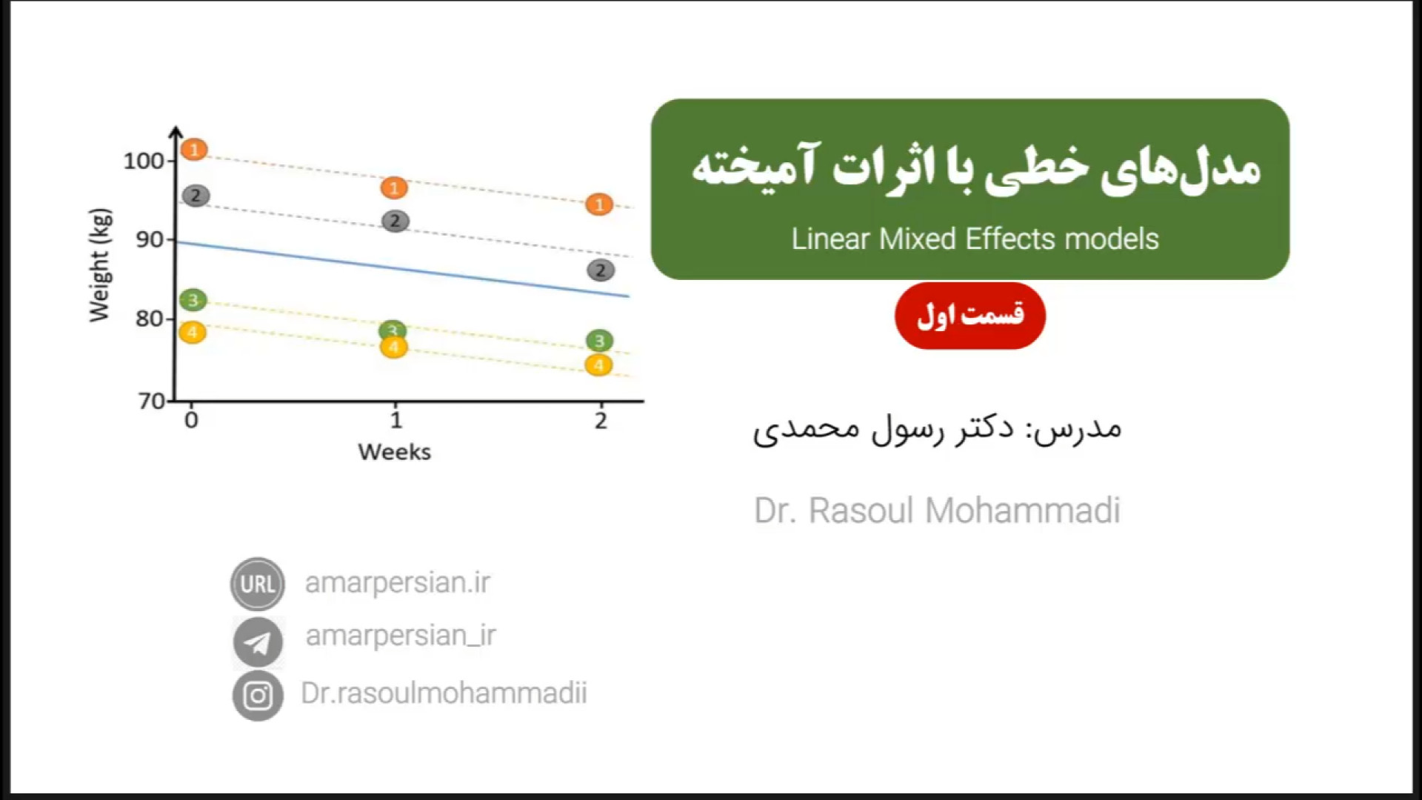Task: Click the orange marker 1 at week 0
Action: [194, 150]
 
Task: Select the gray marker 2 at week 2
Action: [601, 270]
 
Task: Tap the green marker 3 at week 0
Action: [193, 300]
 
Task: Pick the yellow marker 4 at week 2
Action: [598, 365]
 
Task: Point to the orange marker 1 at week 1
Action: [394, 188]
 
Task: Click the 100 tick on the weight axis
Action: [144, 161]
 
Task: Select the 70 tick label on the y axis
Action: [152, 401]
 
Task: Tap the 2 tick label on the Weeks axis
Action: [601, 421]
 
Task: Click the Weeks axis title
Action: [394, 452]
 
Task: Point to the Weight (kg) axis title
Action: [99, 265]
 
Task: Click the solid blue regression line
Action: [402, 269]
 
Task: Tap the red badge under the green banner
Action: [970, 316]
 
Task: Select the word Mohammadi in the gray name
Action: [1023, 510]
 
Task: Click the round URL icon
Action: [258, 584]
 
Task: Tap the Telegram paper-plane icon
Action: [258, 642]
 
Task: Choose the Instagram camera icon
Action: [258, 696]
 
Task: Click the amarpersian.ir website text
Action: [398, 583]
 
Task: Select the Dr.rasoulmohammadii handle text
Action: [444, 693]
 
